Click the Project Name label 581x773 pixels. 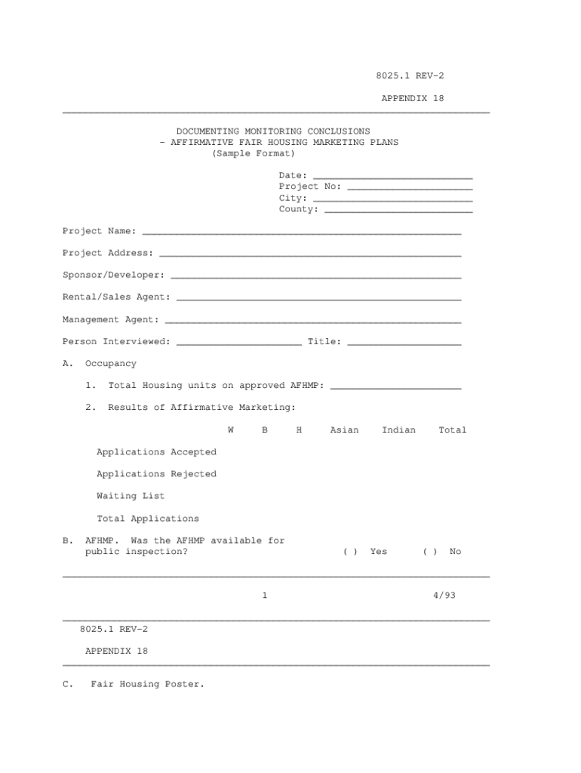(99, 231)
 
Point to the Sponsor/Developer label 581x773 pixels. (113, 276)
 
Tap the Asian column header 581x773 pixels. (344, 430)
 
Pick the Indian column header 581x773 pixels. (398, 430)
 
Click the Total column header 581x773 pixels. (453, 430)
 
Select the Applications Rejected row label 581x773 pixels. (156, 474)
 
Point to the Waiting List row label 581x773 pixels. (131, 496)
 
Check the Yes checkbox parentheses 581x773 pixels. (350, 552)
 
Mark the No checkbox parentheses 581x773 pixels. (430, 552)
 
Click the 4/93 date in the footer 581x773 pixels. (444, 596)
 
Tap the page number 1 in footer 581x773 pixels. (264, 596)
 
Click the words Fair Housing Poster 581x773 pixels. (147, 685)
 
